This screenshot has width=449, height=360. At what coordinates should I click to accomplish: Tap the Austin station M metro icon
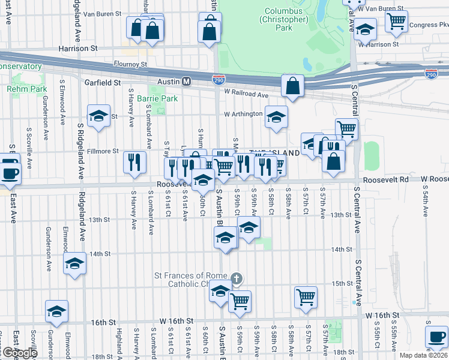187,82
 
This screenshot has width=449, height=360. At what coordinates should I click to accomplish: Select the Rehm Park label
26,89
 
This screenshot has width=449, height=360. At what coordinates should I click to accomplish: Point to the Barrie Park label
157,98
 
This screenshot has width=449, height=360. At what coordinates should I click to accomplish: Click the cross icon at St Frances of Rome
237,278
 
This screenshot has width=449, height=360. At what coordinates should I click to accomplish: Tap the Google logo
19,353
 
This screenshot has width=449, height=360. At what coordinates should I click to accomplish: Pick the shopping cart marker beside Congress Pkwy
396,21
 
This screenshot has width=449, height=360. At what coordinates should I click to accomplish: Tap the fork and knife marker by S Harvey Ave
135,161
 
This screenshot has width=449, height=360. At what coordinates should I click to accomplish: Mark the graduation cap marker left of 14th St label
75,263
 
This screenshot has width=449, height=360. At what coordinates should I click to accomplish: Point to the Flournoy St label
130,64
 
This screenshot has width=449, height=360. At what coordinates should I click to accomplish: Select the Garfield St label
103,82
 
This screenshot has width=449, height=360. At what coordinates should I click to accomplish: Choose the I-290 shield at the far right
431,73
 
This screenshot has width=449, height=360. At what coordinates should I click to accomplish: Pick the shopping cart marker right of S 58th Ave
306,296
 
